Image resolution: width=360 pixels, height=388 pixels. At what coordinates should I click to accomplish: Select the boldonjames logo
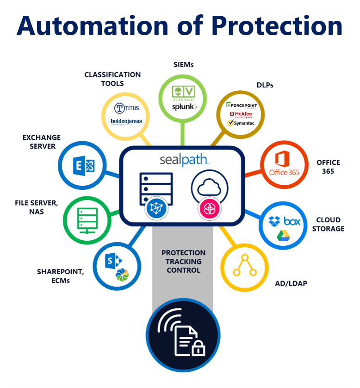point(126,122)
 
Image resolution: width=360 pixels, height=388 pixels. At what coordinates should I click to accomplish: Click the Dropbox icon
point(275,221)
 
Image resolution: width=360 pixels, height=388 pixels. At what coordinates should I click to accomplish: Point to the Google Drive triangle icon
point(283,236)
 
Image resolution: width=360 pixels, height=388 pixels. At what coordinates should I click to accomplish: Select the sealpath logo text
point(184,160)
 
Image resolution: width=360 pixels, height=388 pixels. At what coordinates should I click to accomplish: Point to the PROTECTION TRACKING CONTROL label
point(183,261)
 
